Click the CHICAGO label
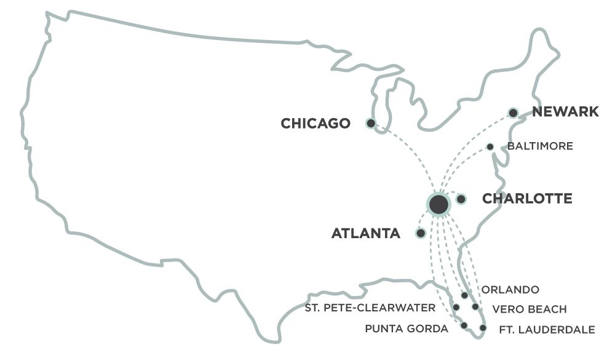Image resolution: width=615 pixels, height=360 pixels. [315, 124]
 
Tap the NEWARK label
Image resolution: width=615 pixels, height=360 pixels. [565, 112]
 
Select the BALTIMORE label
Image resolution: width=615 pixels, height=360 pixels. [540, 146]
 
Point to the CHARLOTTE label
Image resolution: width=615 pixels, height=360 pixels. [527, 199]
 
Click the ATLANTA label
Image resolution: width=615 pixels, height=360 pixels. [366, 234]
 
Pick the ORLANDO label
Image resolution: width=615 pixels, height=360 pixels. [510, 290]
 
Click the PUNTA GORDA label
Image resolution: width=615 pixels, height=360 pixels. [407, 329]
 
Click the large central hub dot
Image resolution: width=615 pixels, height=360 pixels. [438, 205]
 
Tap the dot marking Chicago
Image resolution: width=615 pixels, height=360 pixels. [370, 123]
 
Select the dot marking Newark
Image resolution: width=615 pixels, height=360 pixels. [513, 113]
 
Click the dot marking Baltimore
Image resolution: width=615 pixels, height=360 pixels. [490, 146]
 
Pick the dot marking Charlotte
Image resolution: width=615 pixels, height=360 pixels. [461, 199]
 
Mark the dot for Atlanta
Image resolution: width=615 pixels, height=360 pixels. [420, 233]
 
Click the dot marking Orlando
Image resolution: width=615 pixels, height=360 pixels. [464, 296]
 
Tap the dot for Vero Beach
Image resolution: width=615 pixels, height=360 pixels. [475, 306]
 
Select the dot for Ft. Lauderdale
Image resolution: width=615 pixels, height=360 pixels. [483, 328]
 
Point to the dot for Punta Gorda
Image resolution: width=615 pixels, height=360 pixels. [464, 326]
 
